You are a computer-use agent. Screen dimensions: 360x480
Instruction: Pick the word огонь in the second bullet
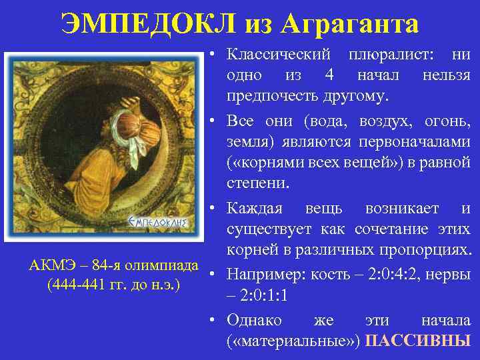coord(446,121)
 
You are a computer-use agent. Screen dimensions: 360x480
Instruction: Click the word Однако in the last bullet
coord(255,319)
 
